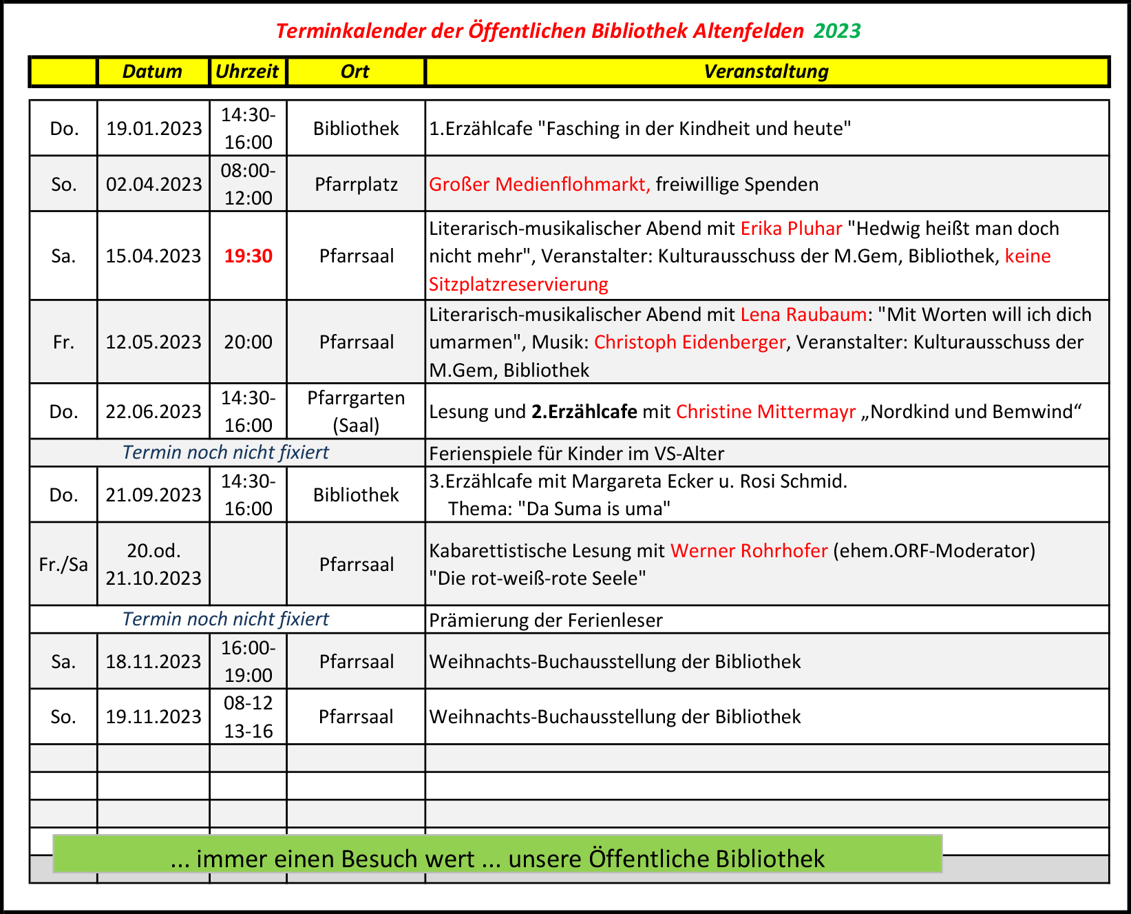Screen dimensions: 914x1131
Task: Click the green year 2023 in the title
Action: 837,31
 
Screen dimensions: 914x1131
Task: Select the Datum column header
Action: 152,72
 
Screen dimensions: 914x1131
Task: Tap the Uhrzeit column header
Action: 247,72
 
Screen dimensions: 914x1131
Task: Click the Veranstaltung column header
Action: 766,72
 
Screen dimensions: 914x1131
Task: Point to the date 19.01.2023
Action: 154,129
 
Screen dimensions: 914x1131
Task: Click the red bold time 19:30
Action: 249,256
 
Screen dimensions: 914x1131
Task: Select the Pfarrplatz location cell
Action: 356,185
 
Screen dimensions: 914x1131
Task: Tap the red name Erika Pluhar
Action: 791,229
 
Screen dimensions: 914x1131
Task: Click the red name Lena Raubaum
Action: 803,315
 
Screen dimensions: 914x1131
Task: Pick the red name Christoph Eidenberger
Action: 689,342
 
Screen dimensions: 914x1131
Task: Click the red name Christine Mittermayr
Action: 765,412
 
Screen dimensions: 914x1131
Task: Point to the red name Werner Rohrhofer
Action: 749,551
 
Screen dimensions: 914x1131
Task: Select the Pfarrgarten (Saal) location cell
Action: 356,412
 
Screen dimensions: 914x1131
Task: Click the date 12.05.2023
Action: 154,342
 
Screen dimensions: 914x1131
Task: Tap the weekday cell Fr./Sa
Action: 63,565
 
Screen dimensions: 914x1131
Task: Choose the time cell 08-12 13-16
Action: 249,717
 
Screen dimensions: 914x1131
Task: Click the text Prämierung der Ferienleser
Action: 546,621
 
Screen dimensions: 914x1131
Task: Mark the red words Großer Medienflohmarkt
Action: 539,185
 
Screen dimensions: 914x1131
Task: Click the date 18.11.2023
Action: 154,662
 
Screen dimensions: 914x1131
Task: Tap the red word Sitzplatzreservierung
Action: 518,284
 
